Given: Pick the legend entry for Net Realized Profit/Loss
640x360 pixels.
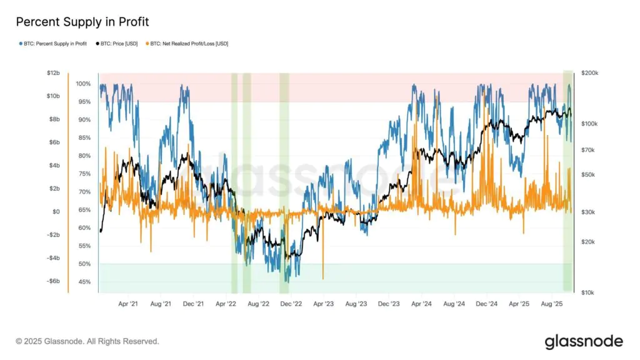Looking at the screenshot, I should (187, 44).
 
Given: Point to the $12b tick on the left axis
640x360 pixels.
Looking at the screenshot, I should (53, 73).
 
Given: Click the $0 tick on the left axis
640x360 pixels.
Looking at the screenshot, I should (56, 212).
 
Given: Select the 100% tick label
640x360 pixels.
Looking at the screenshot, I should (83, 84).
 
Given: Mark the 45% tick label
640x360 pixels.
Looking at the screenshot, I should (84, 282).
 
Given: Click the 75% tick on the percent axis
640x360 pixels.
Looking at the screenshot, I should (84, 174).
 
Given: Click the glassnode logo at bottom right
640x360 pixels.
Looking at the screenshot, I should (584, 341).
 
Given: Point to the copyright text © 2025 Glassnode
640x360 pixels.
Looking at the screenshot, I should (87, 341).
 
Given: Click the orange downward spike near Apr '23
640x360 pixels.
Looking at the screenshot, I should (322, 275).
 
